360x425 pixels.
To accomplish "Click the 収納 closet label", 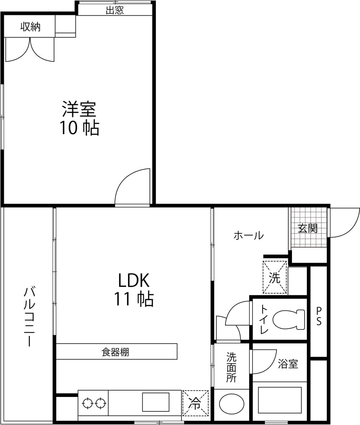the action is click(30, 27).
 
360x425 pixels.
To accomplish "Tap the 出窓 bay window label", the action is click(115, 10).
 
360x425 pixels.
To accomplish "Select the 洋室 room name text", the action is click(79, 109).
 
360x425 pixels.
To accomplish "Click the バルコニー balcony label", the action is click(29, 316).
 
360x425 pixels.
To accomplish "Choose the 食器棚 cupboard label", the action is click(115, 352).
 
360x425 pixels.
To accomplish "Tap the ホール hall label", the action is click(248, 235).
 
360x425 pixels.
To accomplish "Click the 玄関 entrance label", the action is click(308, 228).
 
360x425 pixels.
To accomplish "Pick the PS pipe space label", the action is click(319, 316).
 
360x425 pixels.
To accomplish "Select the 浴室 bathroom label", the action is click(288, 364).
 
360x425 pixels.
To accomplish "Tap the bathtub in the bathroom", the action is click(280, 400).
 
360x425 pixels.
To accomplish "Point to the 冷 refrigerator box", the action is click(196, 403).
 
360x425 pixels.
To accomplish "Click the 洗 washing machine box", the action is click(275, 277).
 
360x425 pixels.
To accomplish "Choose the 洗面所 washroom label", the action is click(231, 367).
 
